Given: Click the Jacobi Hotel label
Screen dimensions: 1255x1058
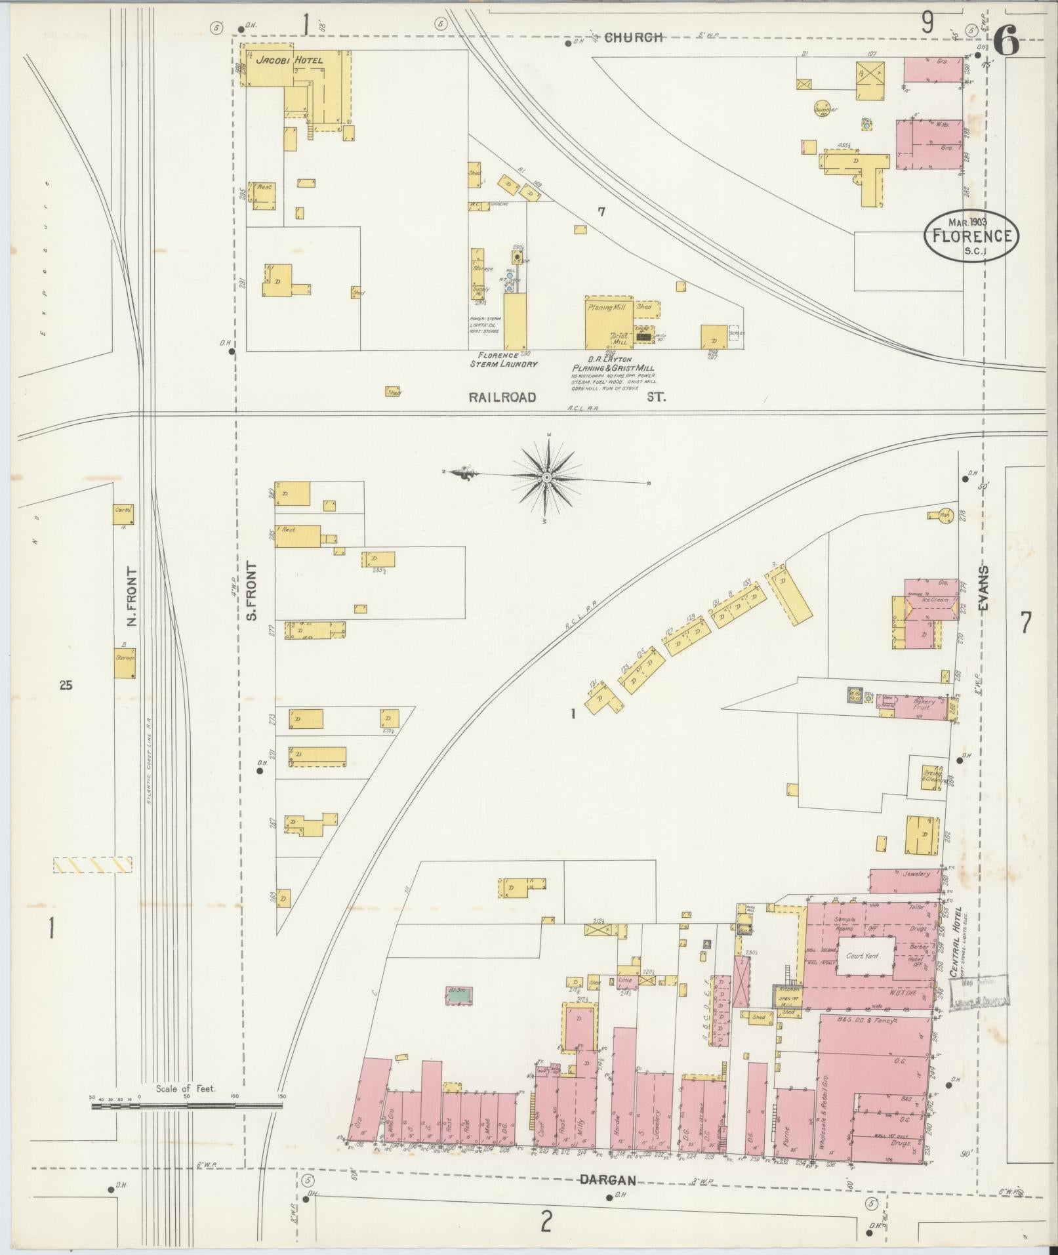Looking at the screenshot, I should pyautogui.click(x=289, y=60).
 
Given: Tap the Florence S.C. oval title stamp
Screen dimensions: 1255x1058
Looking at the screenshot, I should pyautogui.click(x=971, y=236).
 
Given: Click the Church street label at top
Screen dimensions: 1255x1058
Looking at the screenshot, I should pyautogui.click(x=633, y=38).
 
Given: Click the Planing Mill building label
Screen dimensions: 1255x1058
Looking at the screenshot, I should pyautogui.click(x=607, y=307).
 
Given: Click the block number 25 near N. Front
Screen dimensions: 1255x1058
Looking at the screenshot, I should pyautogui.click(x=66, y=686).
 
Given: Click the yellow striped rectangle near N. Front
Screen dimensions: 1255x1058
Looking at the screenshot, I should pyautogui.click(x=92, y=865).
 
